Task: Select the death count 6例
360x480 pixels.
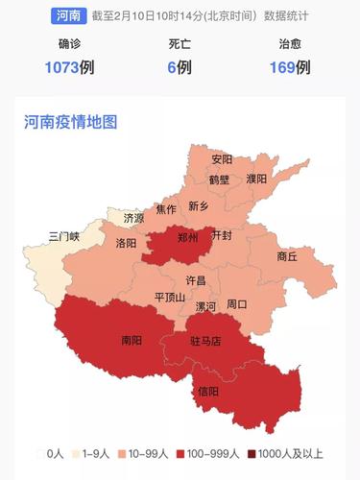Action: tap(180, 66)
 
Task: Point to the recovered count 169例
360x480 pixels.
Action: tap(290, 66)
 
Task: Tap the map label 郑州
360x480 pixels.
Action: tap(188, 238)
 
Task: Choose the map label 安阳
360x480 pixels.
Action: tap(222, 159)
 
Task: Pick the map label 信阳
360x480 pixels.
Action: tap(207, 391)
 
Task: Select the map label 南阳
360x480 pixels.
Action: tap(132, 339)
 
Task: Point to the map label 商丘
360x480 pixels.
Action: tap(287, 256)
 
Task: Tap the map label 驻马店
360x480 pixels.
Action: tap(204, 340)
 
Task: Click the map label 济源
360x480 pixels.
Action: tap(133, 219)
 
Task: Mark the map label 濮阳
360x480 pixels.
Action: tap(256, 179)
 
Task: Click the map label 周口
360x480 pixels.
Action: tap(236, 304)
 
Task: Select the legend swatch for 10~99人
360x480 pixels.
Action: tap(122, 453)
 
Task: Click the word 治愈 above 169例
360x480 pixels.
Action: tap(290, 44)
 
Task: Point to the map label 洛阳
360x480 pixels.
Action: tap(126, 244)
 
